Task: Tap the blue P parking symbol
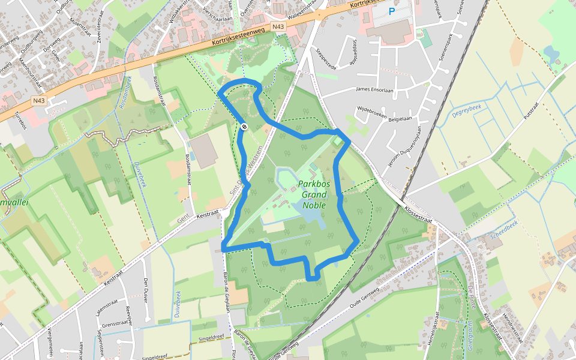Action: coord(392,11)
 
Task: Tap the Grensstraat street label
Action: coord(113,325)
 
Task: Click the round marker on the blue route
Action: coord(245,127)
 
